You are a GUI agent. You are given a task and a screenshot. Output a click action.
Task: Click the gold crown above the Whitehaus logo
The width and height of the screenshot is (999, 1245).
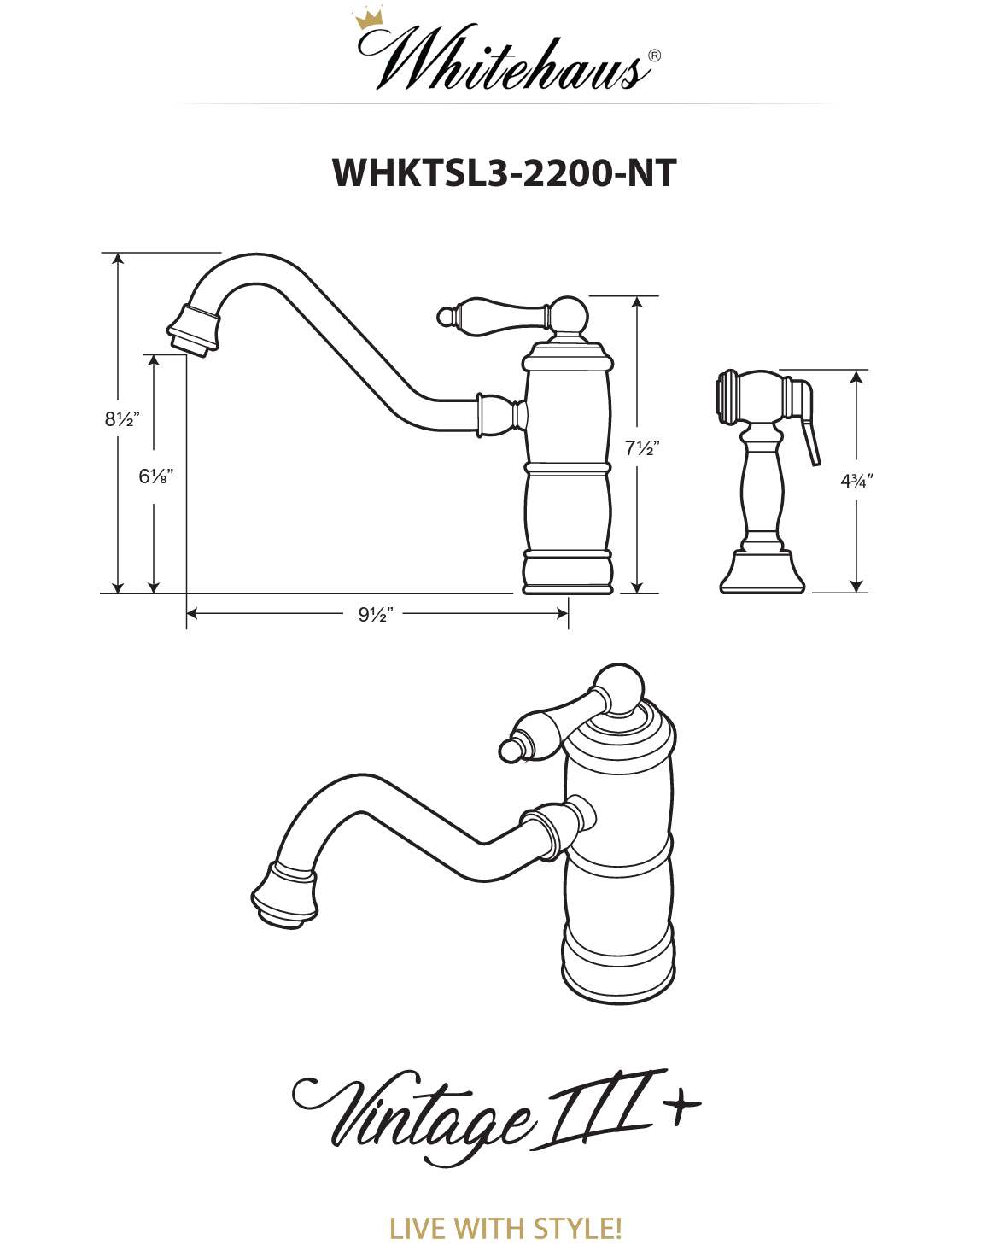(368, 19)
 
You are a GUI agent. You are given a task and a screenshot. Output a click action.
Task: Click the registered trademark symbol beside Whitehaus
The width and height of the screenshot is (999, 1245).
(654, 56)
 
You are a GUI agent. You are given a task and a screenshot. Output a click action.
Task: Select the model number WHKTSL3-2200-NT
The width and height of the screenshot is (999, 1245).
(504, 172)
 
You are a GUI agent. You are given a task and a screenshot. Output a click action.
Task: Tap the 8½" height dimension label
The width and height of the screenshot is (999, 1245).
(122, 419)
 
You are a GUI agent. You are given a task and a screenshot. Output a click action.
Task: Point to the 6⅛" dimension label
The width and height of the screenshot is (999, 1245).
(155, 476)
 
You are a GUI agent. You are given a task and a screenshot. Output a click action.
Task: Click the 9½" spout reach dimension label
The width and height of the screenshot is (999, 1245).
(376, 615)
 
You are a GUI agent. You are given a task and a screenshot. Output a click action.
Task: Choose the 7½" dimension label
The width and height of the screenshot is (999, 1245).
(642, 447)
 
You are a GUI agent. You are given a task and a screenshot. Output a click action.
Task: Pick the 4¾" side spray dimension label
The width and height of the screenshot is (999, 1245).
(856, 481)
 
